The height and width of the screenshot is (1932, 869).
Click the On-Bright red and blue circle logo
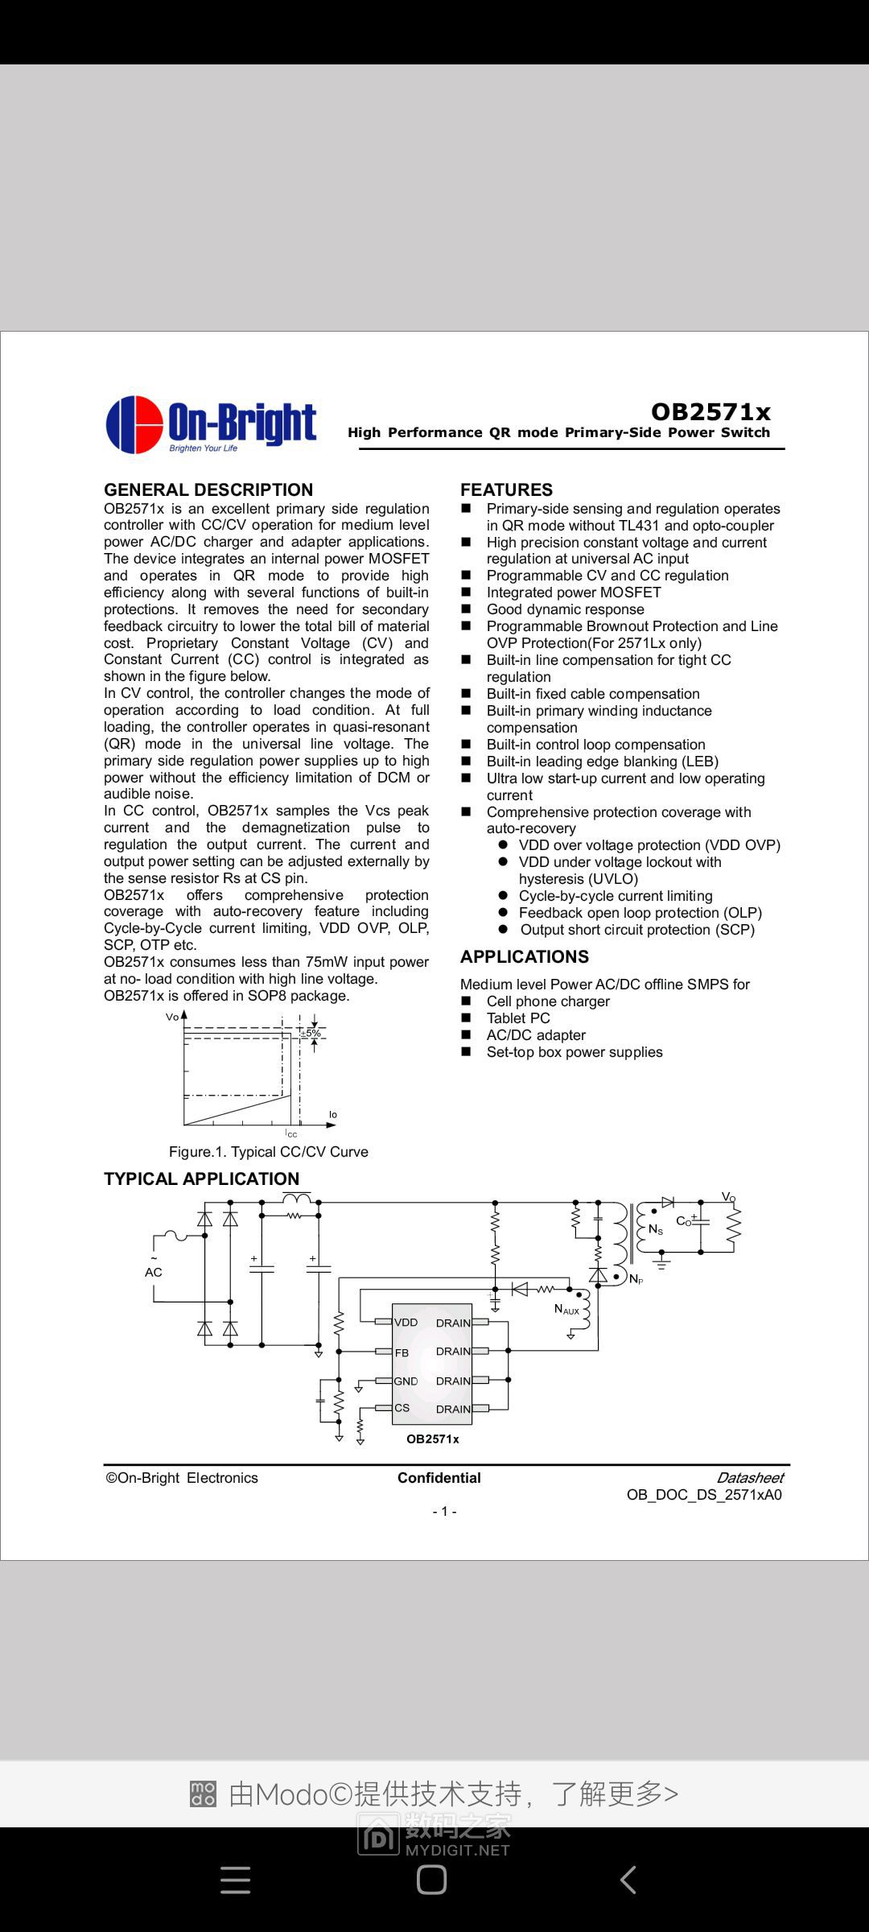pos(134,424)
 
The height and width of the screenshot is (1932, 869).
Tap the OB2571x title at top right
pos(710,412)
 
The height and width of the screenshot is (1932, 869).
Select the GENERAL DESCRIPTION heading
pos(208,489)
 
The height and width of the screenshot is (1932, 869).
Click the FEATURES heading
pos(506,489)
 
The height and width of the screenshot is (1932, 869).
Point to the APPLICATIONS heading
pos(525,956)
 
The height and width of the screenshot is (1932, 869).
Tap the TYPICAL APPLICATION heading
pos(201,1179)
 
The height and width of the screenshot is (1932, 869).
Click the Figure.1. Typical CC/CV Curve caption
pos(268,1152)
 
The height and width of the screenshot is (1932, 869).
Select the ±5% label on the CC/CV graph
pos(311,1033)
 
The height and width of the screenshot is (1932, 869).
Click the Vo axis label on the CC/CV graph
pos(172,1018)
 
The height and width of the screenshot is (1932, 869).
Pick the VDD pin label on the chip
pos(406,1322)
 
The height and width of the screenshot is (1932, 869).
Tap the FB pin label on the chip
pos(402,1352)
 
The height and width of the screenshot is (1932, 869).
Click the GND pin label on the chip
pos(406,1381)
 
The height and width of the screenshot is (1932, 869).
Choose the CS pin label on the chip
pos(402,1408)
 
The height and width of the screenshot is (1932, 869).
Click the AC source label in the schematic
pos(154,1272)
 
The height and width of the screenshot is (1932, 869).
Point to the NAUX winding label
pos(566,1309)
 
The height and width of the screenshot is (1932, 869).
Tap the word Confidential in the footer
pos(439,1478)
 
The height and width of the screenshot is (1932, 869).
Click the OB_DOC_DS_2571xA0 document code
pos(704,1495)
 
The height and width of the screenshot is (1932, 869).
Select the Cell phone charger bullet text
pos(548,1001)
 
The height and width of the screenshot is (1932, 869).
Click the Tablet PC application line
pos(518,1018)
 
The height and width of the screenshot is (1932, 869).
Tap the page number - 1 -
pos(444,1512)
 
